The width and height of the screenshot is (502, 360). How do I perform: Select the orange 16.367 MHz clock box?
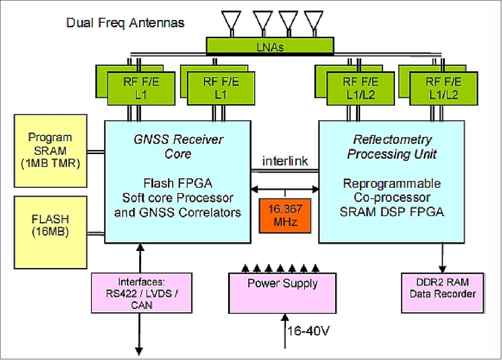click(285, 215)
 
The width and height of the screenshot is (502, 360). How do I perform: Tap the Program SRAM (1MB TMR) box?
click(50, 151)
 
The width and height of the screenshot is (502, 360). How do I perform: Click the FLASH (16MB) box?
click(50, 232)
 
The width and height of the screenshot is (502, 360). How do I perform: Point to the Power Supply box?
click(282, 293)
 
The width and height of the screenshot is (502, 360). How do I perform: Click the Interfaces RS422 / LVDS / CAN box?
click(141, 293)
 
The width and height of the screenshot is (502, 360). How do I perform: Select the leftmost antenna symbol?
click(231, 21)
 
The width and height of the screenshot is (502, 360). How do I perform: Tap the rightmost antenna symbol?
click(314, 21)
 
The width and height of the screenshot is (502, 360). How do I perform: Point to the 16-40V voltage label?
click(308, 331)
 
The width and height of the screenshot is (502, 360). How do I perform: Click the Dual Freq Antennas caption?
click(125, 23)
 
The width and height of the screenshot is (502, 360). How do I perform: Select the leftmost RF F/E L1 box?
click(141, 89)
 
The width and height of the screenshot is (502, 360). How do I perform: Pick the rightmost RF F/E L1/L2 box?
click(443, 89)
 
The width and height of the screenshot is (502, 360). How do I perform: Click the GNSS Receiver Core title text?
click(178, 146)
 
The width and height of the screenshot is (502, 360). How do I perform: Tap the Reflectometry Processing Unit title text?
click(392, 146)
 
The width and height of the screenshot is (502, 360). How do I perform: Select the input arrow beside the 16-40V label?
click(285, 326)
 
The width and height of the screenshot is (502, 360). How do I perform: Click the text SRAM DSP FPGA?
click(392, 212)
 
